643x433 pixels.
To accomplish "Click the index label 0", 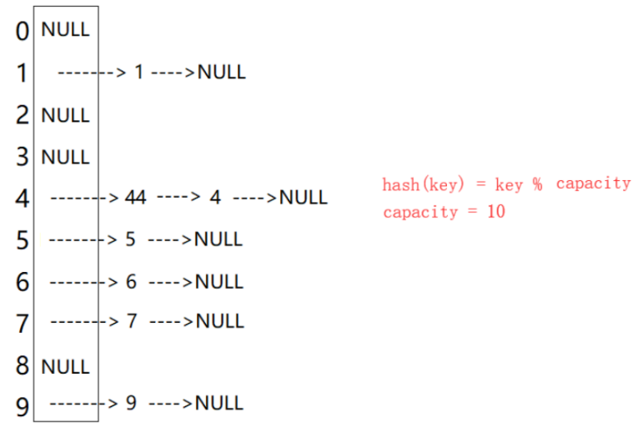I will click(x=23, y=32).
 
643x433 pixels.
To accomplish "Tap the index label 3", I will click(x=23, y=157).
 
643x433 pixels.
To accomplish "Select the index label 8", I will click(x=23, y=366).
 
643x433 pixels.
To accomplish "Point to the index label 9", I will click(x=23, y=407).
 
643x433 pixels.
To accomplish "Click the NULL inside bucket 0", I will click(x=65, y=30).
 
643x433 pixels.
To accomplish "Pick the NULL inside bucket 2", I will click(x=65, y=115).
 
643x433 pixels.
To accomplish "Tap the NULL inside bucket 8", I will click(x=65, y=365).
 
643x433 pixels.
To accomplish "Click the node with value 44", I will click(x=135, y=198).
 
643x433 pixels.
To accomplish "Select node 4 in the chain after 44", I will click(x=215, y=198).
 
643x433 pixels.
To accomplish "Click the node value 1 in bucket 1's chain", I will click(x=138, y=73).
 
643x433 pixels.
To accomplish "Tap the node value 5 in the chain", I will click(x=130, y=239).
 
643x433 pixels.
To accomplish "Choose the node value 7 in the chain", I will click(x=131, y=320).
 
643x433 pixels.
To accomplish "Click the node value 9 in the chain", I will click(x=131, y=403).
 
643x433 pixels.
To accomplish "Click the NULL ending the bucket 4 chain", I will click(x=304, y=198).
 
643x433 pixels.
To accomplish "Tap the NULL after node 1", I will click(x=222, y=73).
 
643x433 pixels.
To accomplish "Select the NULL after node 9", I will click(x=219, y=403).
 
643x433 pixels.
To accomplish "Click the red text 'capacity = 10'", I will click(x=444, y=212).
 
